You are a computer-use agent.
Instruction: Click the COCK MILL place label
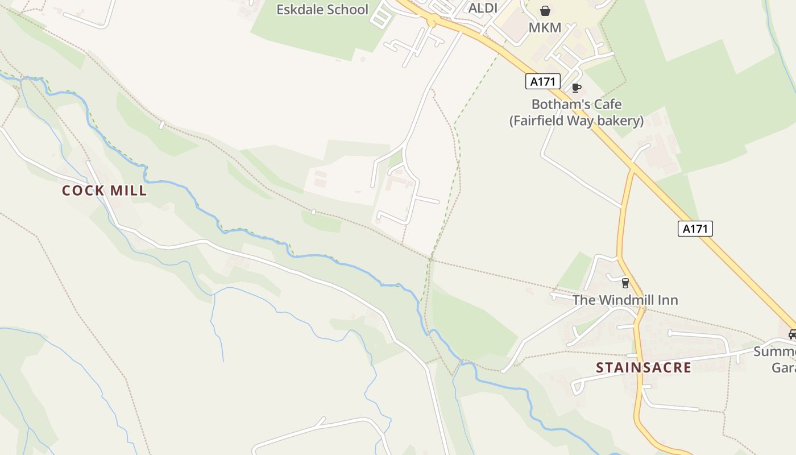point(104,191)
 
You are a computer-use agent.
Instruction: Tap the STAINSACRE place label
point(643,367)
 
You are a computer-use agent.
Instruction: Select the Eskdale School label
point(322,10)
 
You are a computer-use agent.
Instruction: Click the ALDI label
point(483,9)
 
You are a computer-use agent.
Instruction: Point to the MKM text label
point(545,27)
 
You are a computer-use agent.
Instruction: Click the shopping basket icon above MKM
point(545,11)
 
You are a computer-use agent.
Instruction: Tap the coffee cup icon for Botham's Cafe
point(576,88)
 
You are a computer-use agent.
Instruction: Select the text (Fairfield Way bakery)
point(576,121)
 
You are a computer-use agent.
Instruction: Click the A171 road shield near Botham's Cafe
point(542,81)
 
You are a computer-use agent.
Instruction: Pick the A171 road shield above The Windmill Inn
point(695,229)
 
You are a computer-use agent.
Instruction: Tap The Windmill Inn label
point(625,300)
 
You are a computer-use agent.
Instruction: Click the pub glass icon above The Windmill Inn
point(625,283)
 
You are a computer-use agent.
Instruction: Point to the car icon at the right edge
point(791,334)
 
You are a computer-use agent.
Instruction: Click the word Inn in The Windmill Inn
point(668,300)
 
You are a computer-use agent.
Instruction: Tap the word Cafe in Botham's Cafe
point(607,105)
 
